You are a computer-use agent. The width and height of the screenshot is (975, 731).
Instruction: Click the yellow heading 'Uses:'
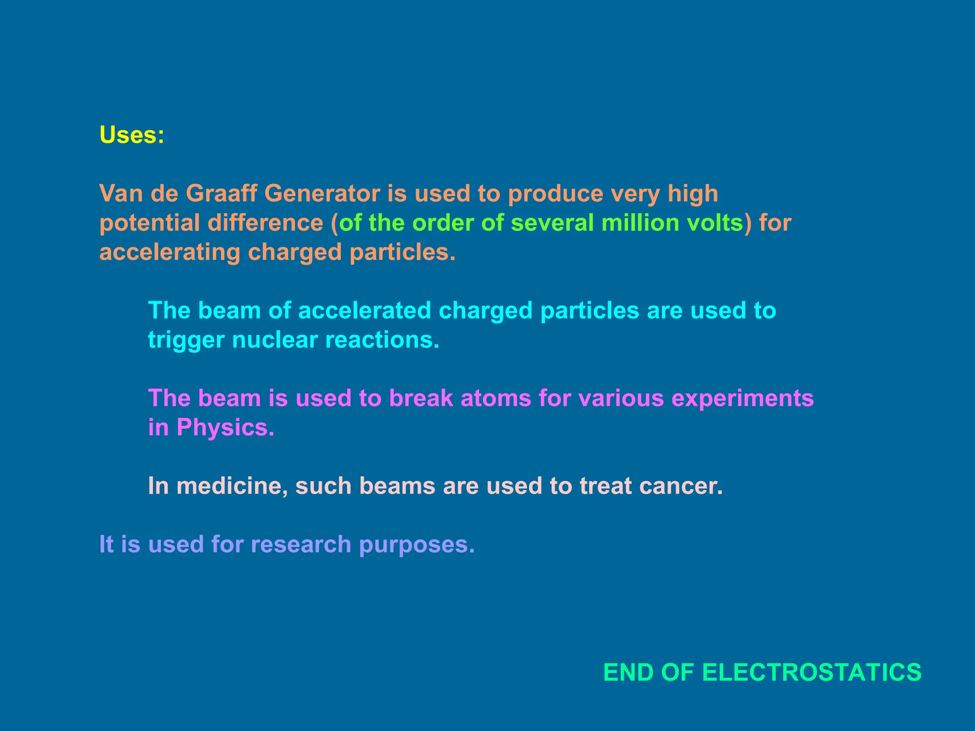132,135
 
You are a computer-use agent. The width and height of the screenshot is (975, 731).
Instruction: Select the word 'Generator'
322,194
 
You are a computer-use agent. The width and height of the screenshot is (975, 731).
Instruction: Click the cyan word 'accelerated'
364,311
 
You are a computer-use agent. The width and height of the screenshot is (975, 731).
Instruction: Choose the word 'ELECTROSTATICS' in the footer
812,672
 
